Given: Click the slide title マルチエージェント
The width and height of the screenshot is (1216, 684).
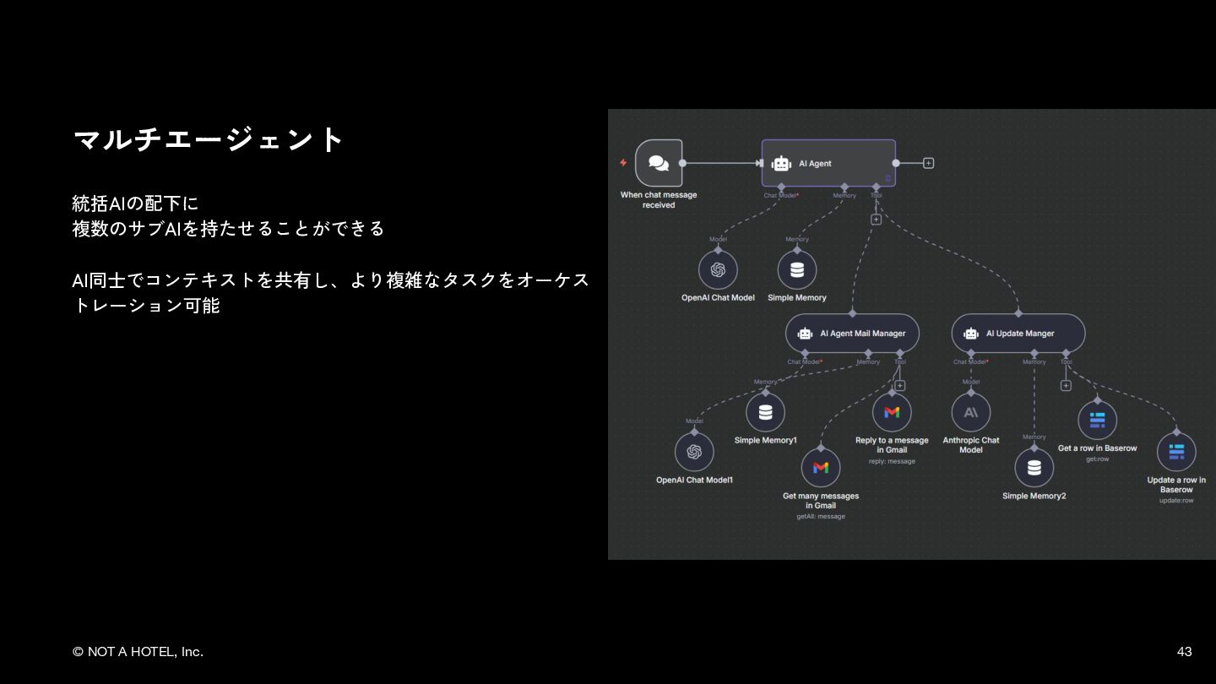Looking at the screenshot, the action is (209, 139).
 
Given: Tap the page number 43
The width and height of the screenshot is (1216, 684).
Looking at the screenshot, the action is (1184, 651).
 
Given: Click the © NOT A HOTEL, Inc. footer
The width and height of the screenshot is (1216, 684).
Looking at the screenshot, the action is (138, 651).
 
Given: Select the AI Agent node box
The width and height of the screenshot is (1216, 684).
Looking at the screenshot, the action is (828, 163).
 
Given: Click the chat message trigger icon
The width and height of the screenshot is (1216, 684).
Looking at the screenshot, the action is (659, 163).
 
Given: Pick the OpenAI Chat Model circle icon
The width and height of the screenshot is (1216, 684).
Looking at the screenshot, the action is (718, 270).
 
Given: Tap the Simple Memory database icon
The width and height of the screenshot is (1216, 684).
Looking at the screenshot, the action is (797, 270).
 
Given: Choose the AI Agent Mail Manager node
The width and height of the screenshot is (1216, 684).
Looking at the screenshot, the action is (852, 334).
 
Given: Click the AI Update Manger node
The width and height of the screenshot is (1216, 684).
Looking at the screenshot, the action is (1018, 334).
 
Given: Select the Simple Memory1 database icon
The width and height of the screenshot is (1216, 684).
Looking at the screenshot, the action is (765, 413).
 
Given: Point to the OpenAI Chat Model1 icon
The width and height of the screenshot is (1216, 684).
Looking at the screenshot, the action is (694, 452).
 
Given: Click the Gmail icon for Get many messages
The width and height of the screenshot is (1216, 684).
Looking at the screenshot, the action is (821, 467).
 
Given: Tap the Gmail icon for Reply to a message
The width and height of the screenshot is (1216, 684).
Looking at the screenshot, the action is (892, 412).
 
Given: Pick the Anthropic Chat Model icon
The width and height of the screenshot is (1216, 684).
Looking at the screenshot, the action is (971, 412).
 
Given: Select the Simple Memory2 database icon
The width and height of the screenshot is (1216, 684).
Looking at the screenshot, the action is (1034, 467).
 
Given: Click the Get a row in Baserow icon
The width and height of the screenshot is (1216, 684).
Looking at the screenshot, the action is (1097, 421).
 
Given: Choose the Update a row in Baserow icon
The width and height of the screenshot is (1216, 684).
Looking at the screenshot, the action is (1176, 452).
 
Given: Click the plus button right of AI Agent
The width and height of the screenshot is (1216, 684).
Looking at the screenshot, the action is (928, 163).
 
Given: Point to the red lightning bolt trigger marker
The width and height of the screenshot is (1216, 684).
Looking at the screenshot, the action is (623, 163).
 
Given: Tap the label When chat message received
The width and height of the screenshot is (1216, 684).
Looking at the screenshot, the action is (659, 200).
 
